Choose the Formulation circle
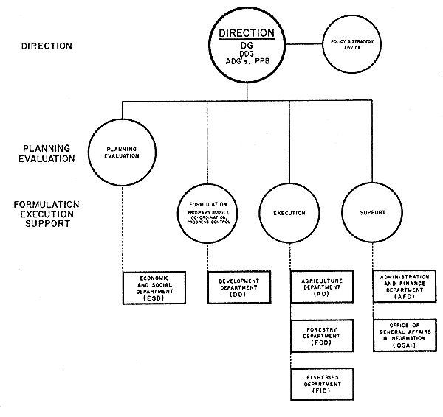[x=207, y=213]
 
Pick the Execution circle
[x=289, y=213]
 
